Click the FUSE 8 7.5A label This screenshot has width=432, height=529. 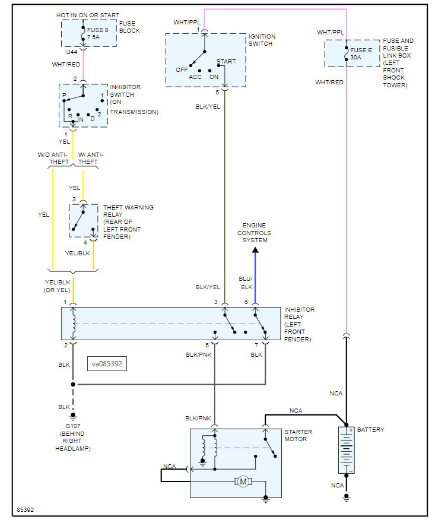pos(97,33)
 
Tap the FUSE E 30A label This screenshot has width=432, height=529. pos(361,53)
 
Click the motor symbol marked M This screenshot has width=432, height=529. pos(243,482)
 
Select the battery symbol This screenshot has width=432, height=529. pos(347,450)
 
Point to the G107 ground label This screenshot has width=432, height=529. pos(73,426)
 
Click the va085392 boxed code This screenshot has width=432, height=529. pos(107,364)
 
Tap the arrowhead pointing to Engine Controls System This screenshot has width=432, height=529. pos(255,250)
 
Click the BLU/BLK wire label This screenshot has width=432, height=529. pos(246,283)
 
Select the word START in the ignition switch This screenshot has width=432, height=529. pos(226,61)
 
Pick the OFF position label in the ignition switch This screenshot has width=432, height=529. pos(182,69)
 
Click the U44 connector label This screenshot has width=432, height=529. pos(71,52)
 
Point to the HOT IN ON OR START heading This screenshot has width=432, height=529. pos(88,15)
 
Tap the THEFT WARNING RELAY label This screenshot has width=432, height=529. pos(128,211)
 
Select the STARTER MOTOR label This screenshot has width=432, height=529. pos(298,435)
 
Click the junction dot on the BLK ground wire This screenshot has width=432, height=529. pos(73,384)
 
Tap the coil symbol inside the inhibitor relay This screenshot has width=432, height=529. pos(74,324)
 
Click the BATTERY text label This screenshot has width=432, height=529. pos(371,429)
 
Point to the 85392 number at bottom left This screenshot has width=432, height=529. pos(26,510)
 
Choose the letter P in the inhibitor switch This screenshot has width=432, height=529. pos(64,95)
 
